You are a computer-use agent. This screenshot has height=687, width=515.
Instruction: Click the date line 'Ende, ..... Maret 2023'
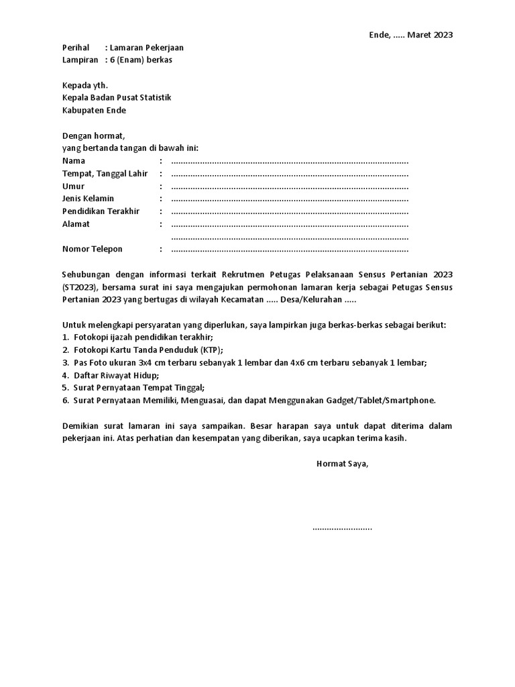(x=411, y=35)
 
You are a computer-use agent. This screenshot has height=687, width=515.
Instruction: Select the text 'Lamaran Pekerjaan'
(x=147, y=48)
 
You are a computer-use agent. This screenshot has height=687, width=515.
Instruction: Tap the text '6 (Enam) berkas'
(x=141, y=60)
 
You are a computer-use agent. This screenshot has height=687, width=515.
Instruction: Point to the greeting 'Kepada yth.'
(x=84, y=85)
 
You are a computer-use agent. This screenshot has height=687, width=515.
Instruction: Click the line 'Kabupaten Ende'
(x=94, y=110)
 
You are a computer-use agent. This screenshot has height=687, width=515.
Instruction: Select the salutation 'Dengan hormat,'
(x=93, y=136)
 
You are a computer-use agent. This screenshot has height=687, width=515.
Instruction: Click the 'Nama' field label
(x=74, y=161)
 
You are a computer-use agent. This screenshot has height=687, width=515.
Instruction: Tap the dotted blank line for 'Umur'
(x=290, y=187)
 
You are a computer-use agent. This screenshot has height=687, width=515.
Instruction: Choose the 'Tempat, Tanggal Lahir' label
(x=105, y=174)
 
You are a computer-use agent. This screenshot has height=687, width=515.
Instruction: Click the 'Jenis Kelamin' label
(x=89, y=199)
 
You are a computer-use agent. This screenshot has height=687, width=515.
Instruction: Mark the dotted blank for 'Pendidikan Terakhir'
(x=290, y=211)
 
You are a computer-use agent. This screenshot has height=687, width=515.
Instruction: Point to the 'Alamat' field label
(x=76, y=224)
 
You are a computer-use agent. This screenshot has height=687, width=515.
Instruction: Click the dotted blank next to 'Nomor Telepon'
(x=290, y=250)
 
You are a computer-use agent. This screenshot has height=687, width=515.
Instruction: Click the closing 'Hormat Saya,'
(x=342, y=464)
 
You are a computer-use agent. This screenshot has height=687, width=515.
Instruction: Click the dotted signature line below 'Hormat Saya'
(x=342, y=528)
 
